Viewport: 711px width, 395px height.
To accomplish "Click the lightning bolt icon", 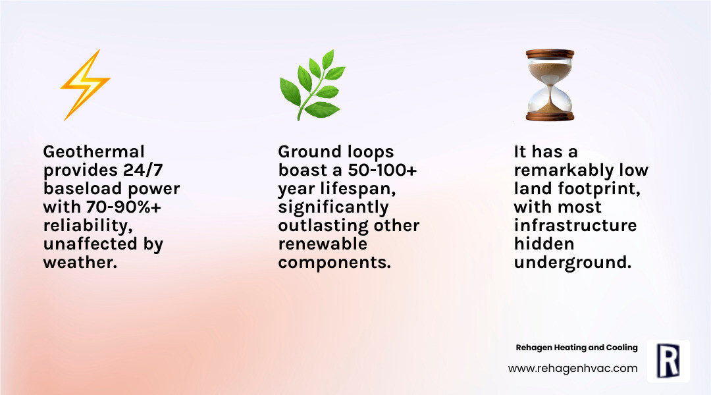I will pyautogui.click(x=85, y=86).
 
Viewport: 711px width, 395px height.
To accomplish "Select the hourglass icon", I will pyautogui.click(x=550, y=86).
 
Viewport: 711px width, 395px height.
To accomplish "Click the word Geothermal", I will pyautogui.click(x=93, y=152).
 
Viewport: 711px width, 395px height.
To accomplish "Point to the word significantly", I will pyautogui.click(x=333, y=207).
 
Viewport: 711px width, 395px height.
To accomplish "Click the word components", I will pyautogui.click(x=334, y=263).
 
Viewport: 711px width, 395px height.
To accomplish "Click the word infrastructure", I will pyautogui.click(x=575, y=226).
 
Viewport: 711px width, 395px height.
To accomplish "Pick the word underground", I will pyautogui.click(x=572, y=263).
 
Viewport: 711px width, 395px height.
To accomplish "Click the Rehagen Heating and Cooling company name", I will pyautogui.click(x=576, y=348).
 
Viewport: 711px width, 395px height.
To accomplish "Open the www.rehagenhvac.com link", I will pyautogui.click(x=573, y=369).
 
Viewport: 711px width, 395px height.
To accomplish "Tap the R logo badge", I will pyautogui.click(x=668, y=361).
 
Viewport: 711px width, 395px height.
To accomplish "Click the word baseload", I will pyautogui.click(x=81, y=189).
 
